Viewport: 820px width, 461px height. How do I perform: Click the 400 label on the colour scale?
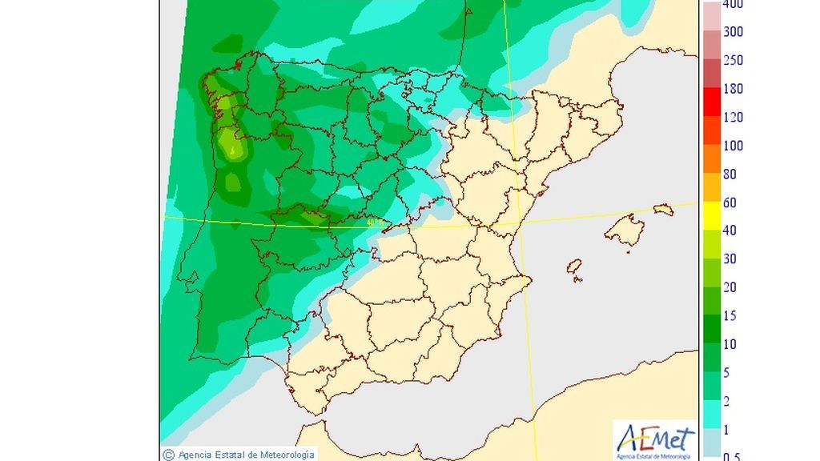pyautogui.click(x=733, y=4)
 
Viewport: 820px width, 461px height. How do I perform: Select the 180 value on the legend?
pyautogui.click(x=733, y=89)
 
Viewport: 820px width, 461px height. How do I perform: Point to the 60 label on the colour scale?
pyautogui.click(x=730, y=202)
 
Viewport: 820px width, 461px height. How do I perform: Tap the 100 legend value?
pyautogui.click(x=733, y=146)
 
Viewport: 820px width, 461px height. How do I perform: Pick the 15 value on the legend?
pyautogui.click(x=730, y=316)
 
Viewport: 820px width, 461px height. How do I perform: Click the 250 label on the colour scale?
pyautogui.click(x=733, y=61)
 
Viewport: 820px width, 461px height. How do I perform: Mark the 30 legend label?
pyautogui.click(x=730, y=259)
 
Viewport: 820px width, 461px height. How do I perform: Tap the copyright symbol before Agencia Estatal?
pyautogui.click(x=168, y=455)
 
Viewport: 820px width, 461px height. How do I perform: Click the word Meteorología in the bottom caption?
pyautogui.click(x=283, y=455)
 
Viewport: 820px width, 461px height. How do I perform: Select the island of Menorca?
pyautogui.click(x=663, y=210)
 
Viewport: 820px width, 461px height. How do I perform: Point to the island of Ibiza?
pyautogui.click(x=573, y=267)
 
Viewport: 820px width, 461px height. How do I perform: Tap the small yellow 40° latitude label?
pyautogui.click(x=373, y=223)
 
